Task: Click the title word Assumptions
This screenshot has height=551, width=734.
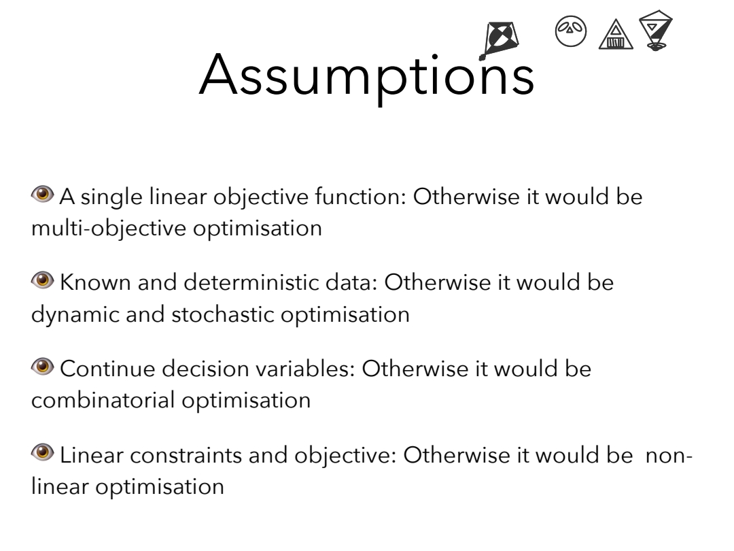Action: tap(366, 77)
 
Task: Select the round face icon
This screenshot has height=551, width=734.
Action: tap(571, 31)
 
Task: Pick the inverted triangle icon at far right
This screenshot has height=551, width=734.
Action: tap(656, 29)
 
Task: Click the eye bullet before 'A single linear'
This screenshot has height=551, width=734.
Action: tap(43, 193)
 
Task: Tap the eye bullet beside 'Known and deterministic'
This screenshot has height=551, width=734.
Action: tap(43, 280)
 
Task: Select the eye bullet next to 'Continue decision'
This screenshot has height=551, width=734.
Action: tap(43, 367)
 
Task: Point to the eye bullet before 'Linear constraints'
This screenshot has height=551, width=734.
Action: tap(43, 452)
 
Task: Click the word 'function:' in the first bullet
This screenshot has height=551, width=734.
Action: tap(360, 197)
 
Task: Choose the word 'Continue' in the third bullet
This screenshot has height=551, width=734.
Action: tap(107, 369)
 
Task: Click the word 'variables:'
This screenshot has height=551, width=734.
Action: tap(306, 369)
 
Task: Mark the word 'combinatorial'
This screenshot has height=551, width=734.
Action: tap(103, 401)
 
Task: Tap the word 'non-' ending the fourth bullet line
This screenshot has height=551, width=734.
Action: tap(669, 456)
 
